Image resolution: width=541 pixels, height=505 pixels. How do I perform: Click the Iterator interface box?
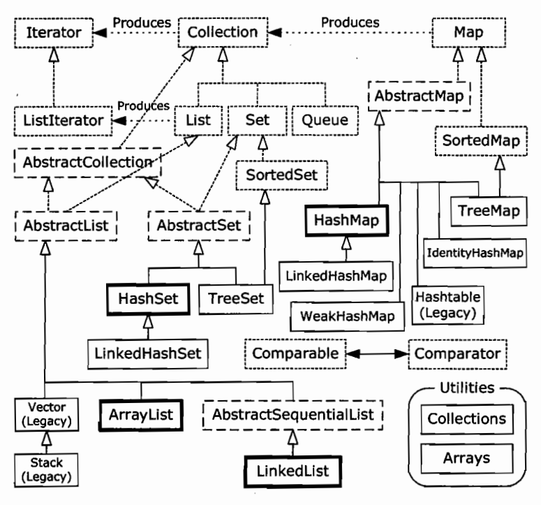pyautogui.click(x=54, y=33)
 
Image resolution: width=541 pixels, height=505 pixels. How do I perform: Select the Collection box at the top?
pyautogui.click(x=223, y=32)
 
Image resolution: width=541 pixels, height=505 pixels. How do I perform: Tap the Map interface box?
pyautogui.click(x=469, y=32)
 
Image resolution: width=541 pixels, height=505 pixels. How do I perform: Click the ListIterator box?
pyautogui.click(x=63, y=121)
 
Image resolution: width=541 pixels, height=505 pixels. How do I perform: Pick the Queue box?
pyautogui.click(x=325, y=120)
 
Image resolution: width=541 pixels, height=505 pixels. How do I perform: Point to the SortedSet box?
pyautogui.click(x=281, y=175)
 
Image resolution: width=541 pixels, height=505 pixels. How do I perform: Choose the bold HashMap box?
pyautogui.click(x=347, y=220)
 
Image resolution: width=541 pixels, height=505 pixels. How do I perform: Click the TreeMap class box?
pyautogui.click(x=489, y=211)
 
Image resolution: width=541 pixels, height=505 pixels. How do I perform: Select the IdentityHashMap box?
pyautogui.click(x=475, y=253)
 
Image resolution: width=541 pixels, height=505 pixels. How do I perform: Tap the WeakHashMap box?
pyautogui.click(x=348, y=316)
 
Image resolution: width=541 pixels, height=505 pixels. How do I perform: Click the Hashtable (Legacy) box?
pyautogui.click(x=448, y=305)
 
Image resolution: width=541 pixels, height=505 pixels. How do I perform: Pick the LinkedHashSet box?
pyautogui.click(x=148, y=354)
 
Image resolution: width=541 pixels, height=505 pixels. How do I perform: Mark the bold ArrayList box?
pyautogui.click(x=141, y=415)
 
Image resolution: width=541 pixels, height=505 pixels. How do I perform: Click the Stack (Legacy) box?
pyautogui.click(x=46, y=470)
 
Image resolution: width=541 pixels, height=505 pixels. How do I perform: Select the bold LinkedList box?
pyautogui.click(x=292, y=471)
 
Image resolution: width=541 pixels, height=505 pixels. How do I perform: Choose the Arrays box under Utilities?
pyautogui.click(x=467, y=458)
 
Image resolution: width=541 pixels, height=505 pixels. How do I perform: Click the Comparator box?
pyautogui.click(x=457, y=354)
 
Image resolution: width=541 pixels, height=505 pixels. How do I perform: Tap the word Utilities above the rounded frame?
pyautogui.click(x=467, y=388)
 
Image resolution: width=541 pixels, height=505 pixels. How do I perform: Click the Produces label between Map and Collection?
pyautogui.click(x=350, y=22)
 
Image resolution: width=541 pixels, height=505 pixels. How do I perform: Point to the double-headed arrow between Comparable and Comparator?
pyautogui.click(x=378, y=354)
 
